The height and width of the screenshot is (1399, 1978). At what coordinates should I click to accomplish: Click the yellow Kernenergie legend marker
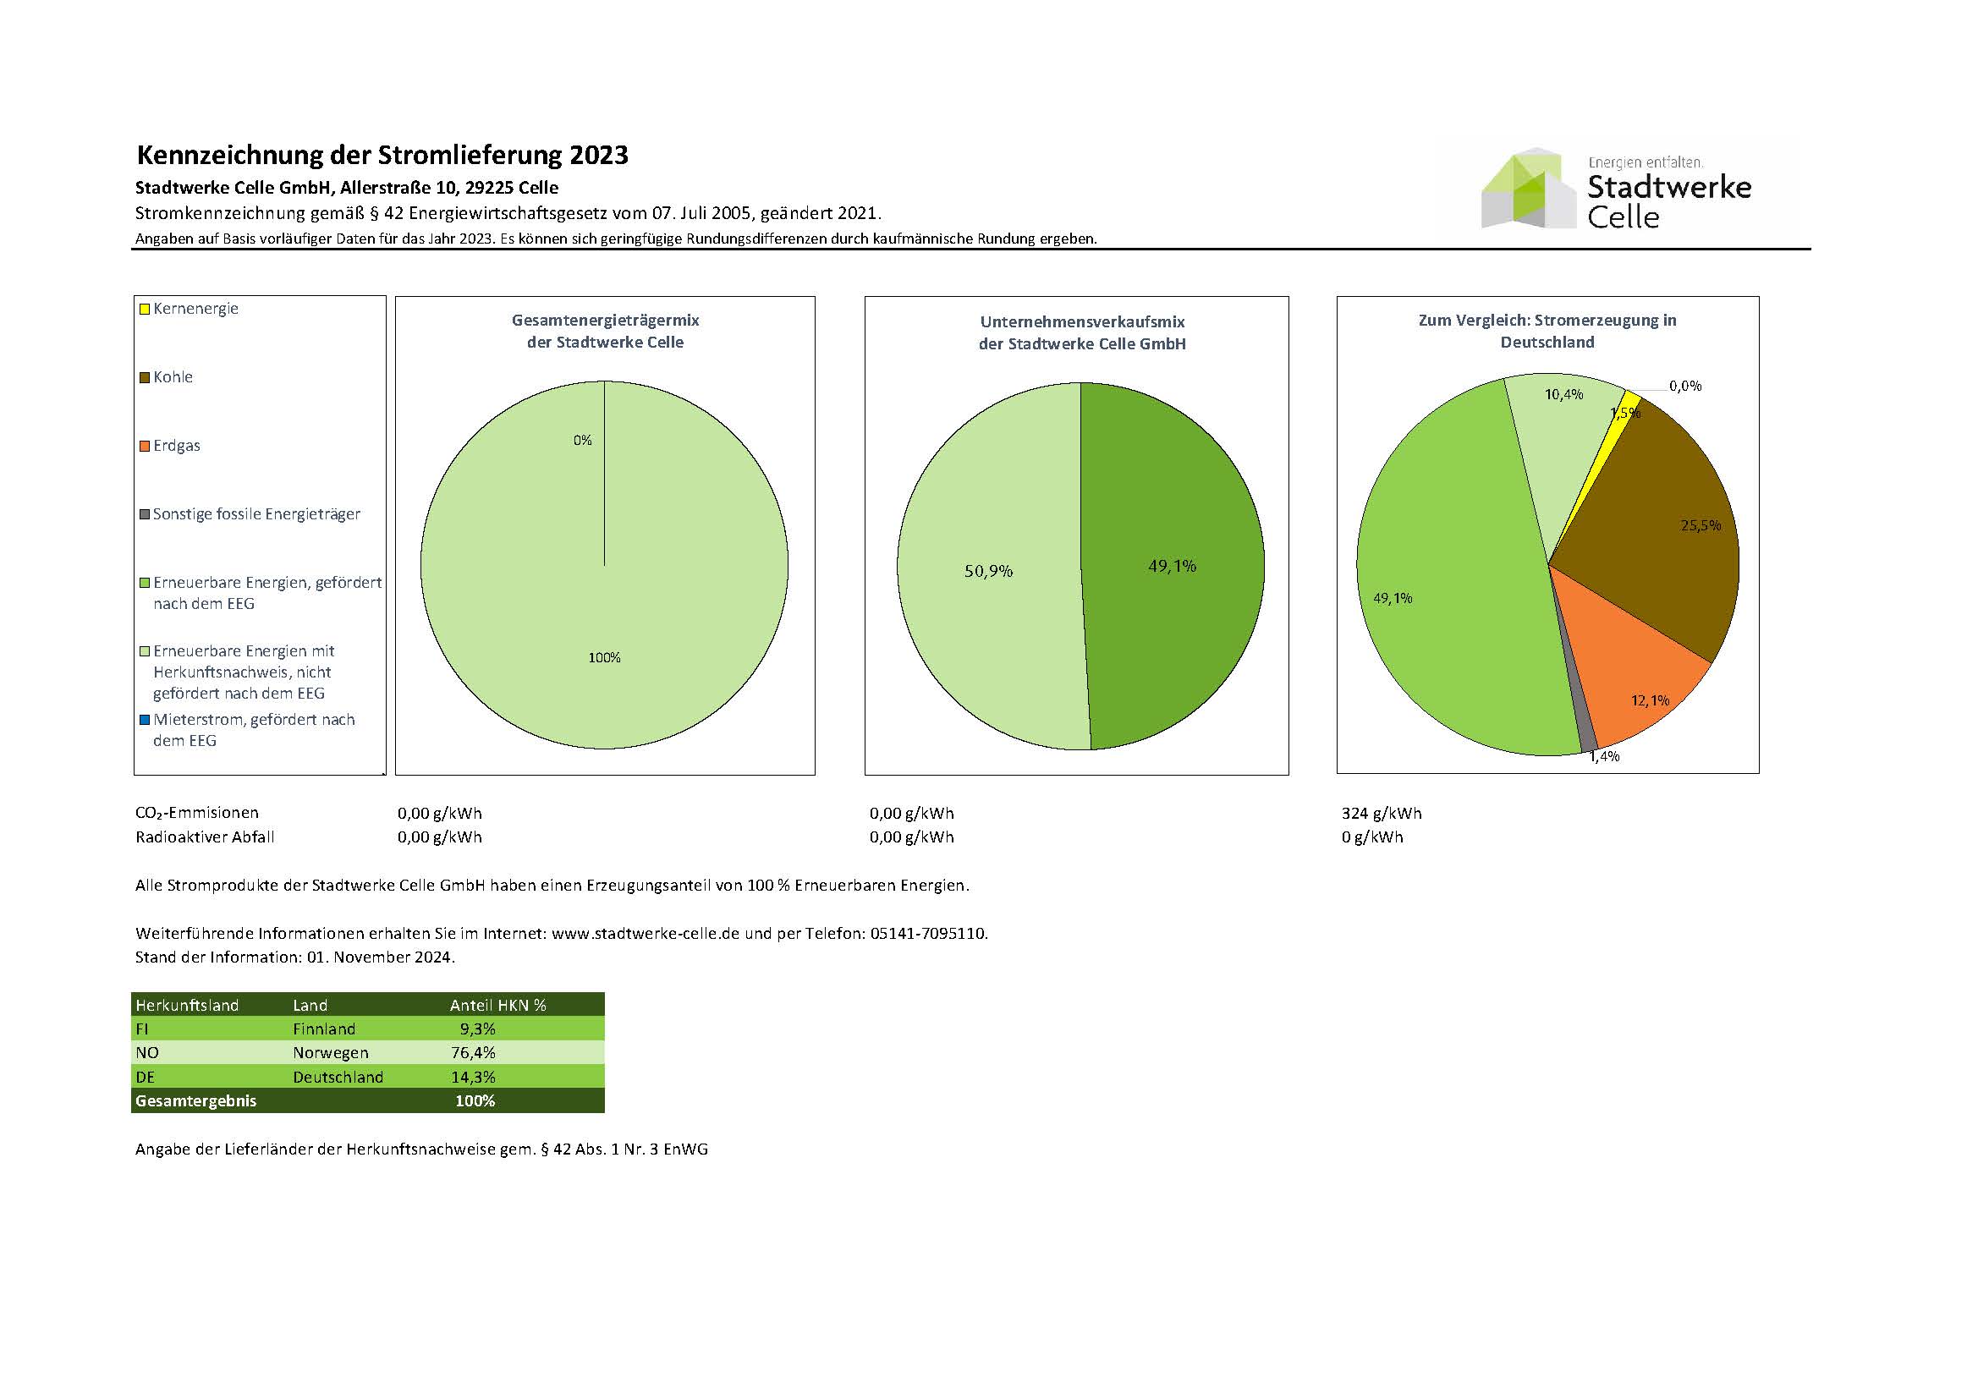coord(145,309)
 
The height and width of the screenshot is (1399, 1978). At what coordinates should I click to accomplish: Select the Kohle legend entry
coord(173,377)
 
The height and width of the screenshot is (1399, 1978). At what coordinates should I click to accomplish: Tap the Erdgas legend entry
coord(176,446)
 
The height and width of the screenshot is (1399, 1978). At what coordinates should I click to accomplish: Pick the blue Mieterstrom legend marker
coord(145,719)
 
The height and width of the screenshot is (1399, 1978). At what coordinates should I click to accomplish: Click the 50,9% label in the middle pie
coord(988,571)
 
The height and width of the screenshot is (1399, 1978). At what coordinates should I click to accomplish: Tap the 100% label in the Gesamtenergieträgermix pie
coord(604,658)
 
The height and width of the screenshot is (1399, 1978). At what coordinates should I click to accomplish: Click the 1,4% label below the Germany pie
coord(1604,756)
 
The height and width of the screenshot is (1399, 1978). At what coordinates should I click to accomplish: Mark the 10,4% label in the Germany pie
coord(1563,394)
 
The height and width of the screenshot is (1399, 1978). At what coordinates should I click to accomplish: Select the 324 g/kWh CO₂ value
coord(1381,813)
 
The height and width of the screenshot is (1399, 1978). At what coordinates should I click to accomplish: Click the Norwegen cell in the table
coord(330,1053)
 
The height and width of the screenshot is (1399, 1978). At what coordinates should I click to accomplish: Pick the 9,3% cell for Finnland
coord(477,1029)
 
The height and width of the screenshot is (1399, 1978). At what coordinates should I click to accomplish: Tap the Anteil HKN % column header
coord(498,1006)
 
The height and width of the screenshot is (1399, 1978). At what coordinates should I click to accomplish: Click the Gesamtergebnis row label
coord(195,1101)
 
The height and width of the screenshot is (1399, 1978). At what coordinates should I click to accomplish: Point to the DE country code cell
coord(146,1077)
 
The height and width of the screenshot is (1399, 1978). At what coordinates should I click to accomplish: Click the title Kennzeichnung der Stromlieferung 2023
coord(382,155)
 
